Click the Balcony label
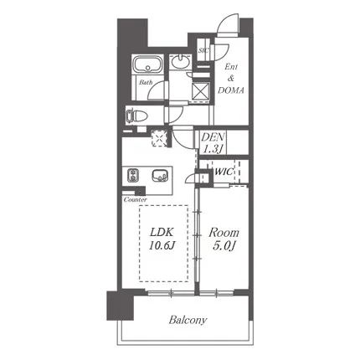(188, 320)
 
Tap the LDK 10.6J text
(162, 239)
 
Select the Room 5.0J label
(224, 239)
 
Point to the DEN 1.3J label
(213, 143)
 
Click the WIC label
(224, 172)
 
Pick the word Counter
(136, 200)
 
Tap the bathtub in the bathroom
(147, 64)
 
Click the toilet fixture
(136, 116)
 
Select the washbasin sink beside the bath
(181, 61)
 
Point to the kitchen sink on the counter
(160, 176)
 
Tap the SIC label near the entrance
(203, 51)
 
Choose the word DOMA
(231, 90)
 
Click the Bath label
(146, 83)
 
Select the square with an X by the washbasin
(201, 90)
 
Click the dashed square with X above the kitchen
(160, 137)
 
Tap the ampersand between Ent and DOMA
(231, 79)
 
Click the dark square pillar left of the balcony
(121, 306)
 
